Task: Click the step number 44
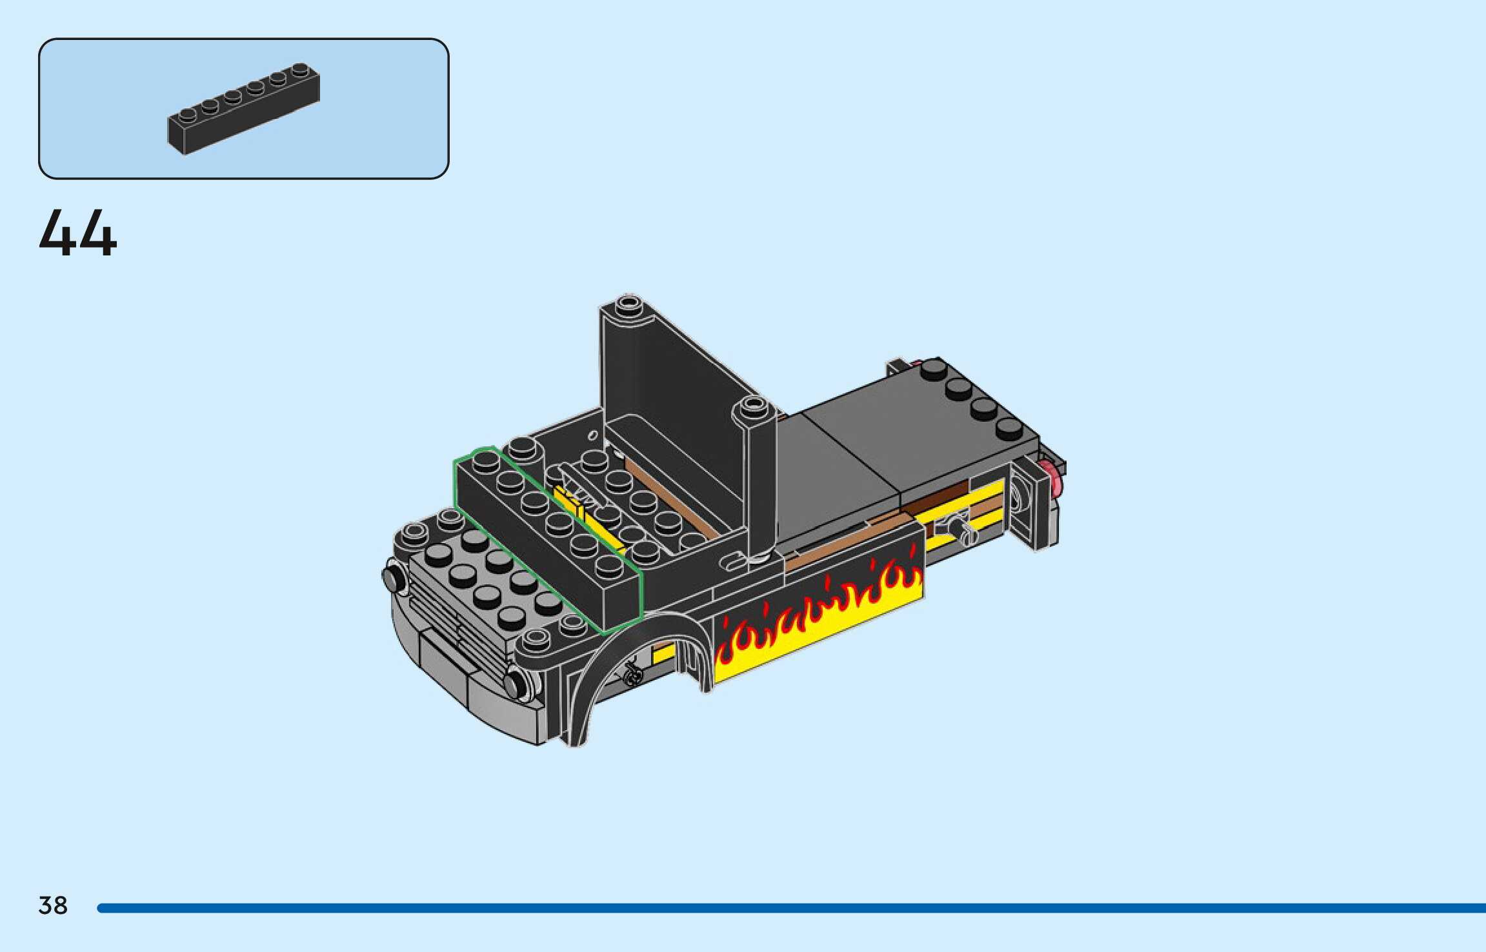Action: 78,233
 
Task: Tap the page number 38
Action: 53,906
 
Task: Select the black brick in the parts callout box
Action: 244,108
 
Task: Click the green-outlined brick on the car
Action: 548,540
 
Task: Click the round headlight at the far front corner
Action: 394,579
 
